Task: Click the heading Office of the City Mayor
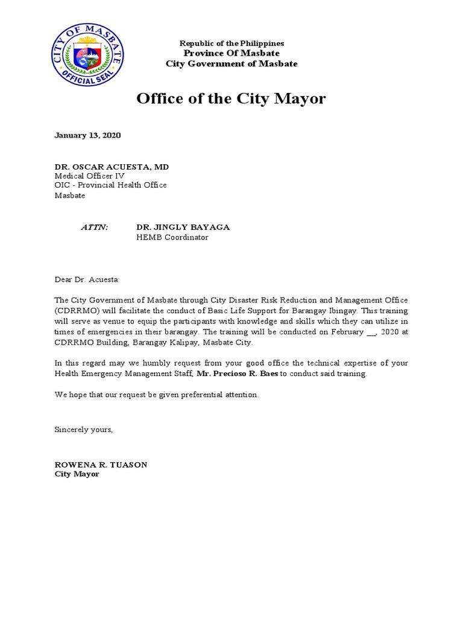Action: [231, 98]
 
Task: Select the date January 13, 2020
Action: [87, 135]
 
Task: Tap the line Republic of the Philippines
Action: [231, 43]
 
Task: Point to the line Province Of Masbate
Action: [231, 53]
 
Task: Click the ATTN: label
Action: [95, 228]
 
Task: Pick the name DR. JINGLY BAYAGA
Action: [183, 228]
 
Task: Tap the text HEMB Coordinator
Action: [172, 237]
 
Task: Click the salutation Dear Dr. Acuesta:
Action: [87, 279]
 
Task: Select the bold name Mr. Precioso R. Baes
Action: [238, 374]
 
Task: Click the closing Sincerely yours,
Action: [83, 430]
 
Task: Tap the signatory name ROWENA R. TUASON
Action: [101, 465]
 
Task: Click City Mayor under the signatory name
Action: [77, 474]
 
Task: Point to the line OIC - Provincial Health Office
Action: [110, 185]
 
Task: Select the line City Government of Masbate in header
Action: [231, 63]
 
